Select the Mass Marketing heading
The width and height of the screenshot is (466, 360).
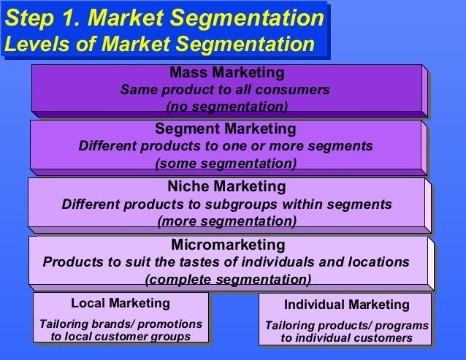pyautogui.click(x=226, y=73)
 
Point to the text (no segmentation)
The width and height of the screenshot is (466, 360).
pyautogui.click(x=227, y=107)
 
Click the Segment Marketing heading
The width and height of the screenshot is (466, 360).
pyautogui.click(x=226, y=129)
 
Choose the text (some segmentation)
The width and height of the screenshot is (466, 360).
pyautogui.click(x=227, y=163)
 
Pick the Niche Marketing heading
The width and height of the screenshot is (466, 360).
pyautogui.click(x=226, y=186)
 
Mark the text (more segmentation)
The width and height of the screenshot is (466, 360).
pyautogui.click(x=227, y=220)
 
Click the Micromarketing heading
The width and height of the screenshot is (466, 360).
pyautogui.click(x=227, y=244)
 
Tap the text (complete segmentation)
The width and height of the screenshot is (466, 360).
pyautogui.click(x=228, y=279)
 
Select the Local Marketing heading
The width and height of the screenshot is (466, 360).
pyautogui.click(x=121, y=302)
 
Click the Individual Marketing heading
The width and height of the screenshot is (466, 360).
pyautogui.click(x=347, y=304)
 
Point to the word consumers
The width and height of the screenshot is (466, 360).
pyautogui.click(x=299, y=90)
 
